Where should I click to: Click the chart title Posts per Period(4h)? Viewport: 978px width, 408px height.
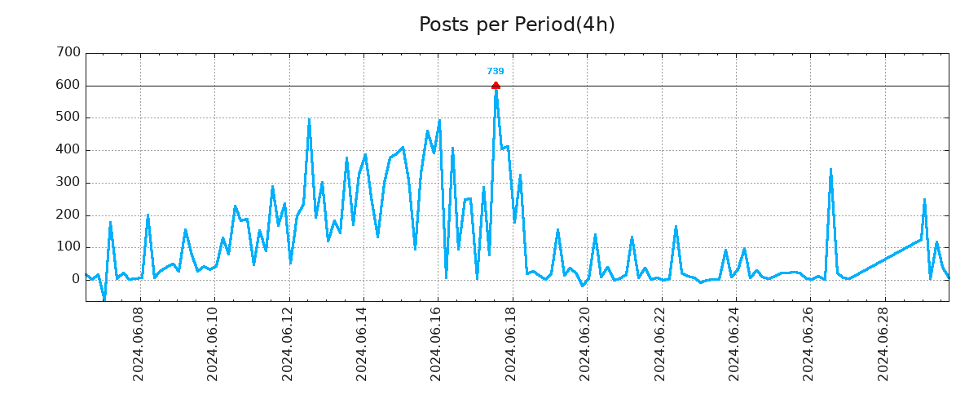click(x=517, y=25)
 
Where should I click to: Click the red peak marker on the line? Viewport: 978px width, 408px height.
click(x=496, y=86)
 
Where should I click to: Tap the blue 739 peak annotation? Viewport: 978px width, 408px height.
click(x=496, y=72)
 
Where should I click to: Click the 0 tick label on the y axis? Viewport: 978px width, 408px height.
click(x=76, y=279)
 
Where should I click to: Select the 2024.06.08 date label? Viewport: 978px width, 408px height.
click(x=139, y=344)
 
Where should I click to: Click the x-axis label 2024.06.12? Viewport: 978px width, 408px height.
click(x=288, y=344)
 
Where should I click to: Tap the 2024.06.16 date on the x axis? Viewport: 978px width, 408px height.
click(x=437, y=344)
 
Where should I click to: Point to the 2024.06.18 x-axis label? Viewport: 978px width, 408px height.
click(x=511, y=344)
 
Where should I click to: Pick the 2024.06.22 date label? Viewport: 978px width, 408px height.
click(x=660, y=344)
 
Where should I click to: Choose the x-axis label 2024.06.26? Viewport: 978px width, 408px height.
click(x=809, y=344)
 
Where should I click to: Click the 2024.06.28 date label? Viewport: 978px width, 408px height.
click(x=883, y=344)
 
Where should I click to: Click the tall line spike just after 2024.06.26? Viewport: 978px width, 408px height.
click(x=830, y=171)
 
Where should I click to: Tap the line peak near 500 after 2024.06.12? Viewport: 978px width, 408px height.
click(x=309, y=120)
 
